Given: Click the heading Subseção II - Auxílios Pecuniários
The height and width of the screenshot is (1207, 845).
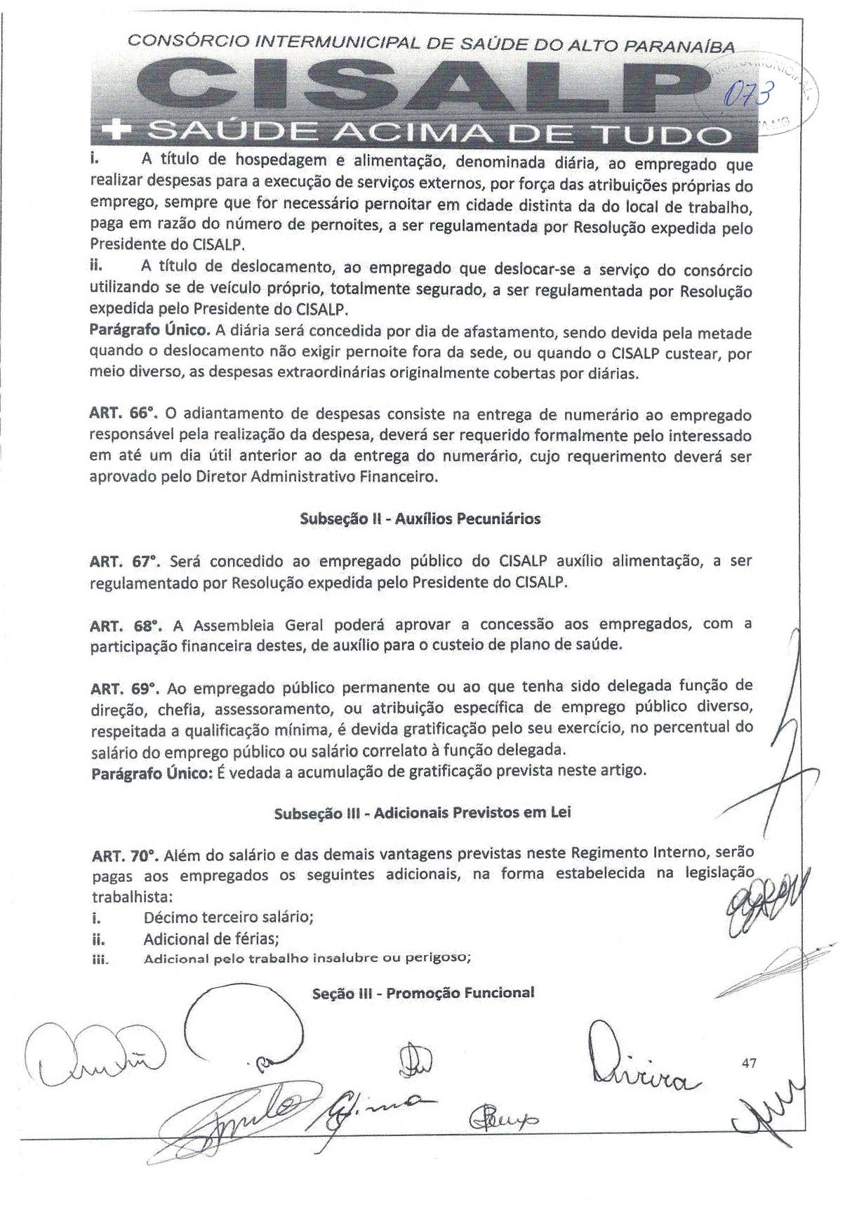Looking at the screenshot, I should pyautogui.click(x=420, y=519).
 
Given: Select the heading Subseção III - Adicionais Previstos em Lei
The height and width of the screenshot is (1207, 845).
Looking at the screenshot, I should pyautogui.click(x=422, y=813).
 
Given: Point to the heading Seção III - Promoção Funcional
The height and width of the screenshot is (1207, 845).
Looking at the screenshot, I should pyautogui.click(x=425, y=993).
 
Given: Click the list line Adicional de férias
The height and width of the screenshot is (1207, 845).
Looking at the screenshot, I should pyautogui.click(x=206, y=939).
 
